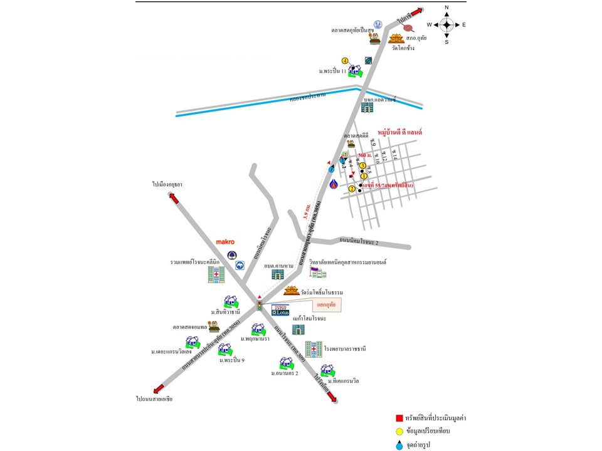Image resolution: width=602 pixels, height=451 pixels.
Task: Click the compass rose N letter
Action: (446, 8)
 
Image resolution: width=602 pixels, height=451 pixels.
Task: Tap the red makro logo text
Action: (224, 241)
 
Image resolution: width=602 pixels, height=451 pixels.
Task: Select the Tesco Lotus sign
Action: (280, 309)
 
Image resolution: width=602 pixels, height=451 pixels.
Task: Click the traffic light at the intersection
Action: (259, 305)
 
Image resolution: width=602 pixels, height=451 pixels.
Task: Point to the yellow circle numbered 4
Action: (344, 61)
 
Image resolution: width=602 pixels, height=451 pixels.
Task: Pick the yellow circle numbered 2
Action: (352, 189)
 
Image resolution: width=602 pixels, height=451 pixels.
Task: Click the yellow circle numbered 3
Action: (362, 165)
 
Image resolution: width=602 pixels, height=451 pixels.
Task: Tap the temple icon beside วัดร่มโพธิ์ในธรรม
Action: (292, 291)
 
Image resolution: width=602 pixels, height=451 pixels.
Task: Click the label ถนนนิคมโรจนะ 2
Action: (363, 241)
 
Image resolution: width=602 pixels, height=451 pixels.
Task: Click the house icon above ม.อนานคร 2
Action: (286, 363)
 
